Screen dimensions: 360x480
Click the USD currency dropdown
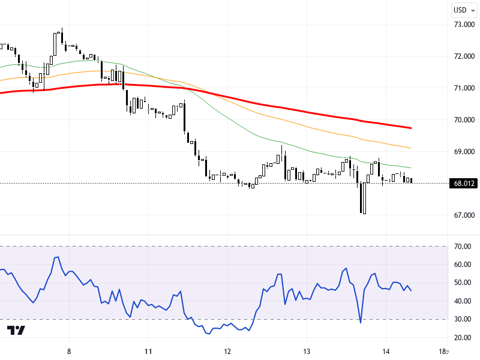[464, 10]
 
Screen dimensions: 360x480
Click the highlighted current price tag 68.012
[465, 184]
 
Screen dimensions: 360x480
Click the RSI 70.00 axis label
[462, 247]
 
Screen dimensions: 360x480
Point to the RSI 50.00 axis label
[462, 283]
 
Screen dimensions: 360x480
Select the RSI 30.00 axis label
[462, 319]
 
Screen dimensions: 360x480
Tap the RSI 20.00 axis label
[462, 338]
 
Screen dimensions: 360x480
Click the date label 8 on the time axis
[70, 352]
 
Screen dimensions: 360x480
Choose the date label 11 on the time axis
[148, 352]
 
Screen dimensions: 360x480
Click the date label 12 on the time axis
[227, 352]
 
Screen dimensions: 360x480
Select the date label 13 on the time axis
[307, 352]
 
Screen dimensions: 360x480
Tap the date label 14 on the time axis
[386, 352]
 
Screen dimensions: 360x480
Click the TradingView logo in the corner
[16, 331]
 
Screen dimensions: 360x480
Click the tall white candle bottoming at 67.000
[364, 198]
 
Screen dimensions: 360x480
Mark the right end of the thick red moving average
[410, 128]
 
